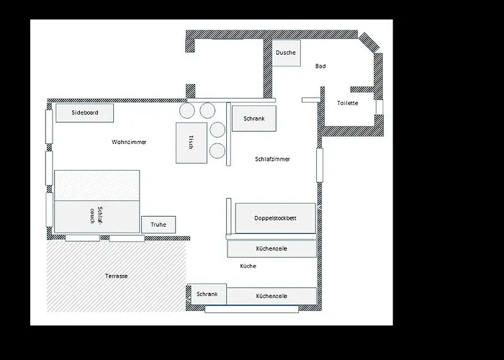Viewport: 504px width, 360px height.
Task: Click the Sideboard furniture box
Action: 84,112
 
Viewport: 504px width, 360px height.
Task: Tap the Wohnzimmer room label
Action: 129,142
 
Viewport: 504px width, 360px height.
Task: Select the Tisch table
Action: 191,142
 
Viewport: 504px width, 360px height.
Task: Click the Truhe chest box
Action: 158,225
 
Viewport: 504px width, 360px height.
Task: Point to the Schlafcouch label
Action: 96,215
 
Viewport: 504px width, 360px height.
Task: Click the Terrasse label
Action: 116,276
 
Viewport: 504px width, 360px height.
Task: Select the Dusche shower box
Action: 286,53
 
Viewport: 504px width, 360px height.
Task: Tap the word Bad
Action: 320,66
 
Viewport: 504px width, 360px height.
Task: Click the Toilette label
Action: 347,103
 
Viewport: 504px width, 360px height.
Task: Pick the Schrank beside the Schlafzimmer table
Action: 253,118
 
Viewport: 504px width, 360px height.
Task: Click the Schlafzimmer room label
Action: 272,159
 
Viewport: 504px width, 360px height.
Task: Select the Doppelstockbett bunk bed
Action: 275,217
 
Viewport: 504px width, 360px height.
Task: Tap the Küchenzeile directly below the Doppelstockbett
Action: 271,248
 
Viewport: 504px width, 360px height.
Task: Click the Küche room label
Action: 248,266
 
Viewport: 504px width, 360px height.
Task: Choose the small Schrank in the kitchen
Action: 207,294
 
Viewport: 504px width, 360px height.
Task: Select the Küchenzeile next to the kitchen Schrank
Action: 271,296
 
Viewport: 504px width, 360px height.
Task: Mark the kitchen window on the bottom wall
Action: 251,310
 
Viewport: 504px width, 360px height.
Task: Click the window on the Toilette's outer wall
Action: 379,107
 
